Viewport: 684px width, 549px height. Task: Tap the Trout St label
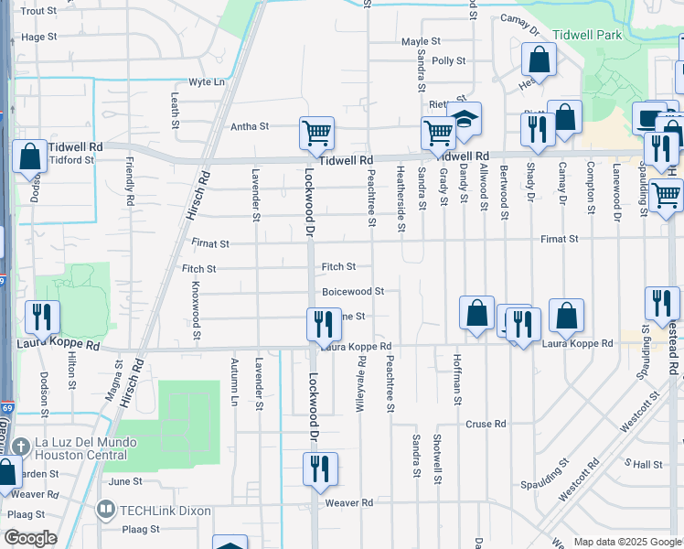tap(38, 11)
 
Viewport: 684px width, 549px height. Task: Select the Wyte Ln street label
tap(206, 82)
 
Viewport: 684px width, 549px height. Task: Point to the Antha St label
tap(250, 126)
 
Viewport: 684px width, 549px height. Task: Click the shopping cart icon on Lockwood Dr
tap(316, 133)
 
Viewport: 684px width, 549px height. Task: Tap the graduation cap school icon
tap(465, 119)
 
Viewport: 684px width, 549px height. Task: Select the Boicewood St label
tap(352, 292)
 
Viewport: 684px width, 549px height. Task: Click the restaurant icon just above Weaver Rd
tap(320, 469)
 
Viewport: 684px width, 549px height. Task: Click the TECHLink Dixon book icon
tap(106, 510)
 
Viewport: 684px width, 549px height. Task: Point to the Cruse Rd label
tap(486, 425)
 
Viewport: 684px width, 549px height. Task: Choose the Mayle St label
tap(421, 42)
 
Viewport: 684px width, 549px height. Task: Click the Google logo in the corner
tap(30, 538)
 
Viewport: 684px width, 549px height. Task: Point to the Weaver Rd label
tap(348, 503)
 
